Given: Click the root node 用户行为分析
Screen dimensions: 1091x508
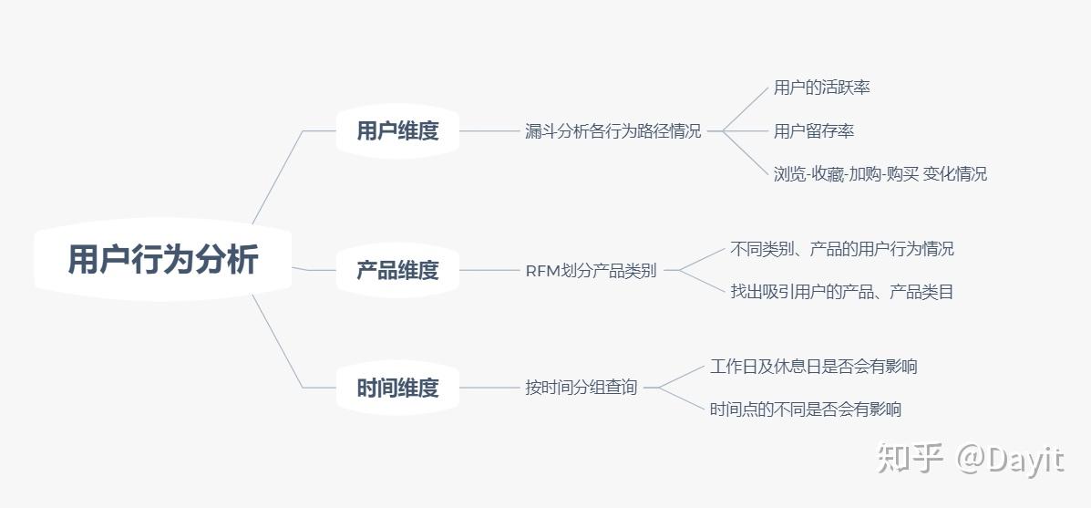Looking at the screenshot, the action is tap(163, 260).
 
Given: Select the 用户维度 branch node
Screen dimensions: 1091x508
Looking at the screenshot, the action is tap(397, 130).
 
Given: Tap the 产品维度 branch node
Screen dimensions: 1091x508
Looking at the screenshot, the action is tap(397, 270).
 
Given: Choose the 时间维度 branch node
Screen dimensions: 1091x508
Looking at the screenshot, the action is tap(397, 388).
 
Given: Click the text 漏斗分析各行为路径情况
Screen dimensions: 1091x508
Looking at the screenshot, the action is tap(613, 131).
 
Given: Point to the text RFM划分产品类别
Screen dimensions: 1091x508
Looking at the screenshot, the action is tap(591, 271).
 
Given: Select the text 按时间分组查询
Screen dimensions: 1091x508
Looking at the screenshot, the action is tap(582, 388).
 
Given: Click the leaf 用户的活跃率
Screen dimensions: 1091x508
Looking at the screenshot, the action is tap(821, 88).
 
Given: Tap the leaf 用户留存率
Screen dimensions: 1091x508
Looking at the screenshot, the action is tap(814, 131).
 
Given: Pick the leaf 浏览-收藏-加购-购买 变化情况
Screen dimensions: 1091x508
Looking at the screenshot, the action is tap(880, 173).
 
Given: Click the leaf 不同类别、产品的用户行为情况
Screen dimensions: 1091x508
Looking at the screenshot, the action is tap(841, 248).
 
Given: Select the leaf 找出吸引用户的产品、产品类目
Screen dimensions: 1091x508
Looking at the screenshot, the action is tap(841, 292).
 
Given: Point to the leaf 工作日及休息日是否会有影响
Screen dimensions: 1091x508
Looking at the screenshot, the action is tap(813, 367).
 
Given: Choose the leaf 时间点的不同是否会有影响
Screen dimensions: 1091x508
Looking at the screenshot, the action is tap(806, 410).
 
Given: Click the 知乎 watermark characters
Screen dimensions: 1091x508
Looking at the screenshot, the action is tap(909, 458).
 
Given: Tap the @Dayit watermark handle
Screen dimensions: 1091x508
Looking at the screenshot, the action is tap(1009, 458).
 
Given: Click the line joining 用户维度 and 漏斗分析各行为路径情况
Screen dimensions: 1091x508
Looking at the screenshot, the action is tap(489, 130).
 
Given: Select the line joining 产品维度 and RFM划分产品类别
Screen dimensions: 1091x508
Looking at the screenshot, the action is tap(489, 270).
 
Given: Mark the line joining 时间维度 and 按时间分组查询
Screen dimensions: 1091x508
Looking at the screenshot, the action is tap(489, 388).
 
